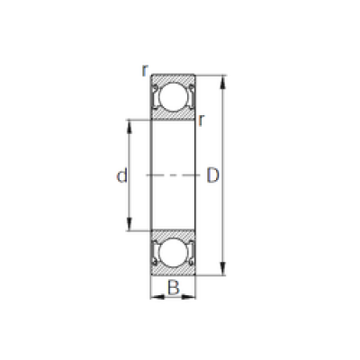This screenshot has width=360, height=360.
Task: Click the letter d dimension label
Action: (x=121, y=175)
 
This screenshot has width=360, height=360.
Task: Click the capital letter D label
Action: (x=212, y=175)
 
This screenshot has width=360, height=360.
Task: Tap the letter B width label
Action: (x=174, y=287)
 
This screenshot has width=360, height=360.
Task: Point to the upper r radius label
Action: (x=145, y=70)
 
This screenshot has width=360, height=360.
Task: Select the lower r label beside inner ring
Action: (x=202, y=121)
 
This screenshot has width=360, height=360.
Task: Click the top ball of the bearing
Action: (x=173, y=96)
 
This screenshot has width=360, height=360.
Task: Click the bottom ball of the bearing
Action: (x=173, y=253)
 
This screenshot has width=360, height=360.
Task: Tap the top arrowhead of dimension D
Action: (x=222, y=82)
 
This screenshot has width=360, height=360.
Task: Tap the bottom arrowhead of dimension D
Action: (x=222, y=268)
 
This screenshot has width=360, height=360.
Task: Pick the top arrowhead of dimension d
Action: (x=130, y=127)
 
